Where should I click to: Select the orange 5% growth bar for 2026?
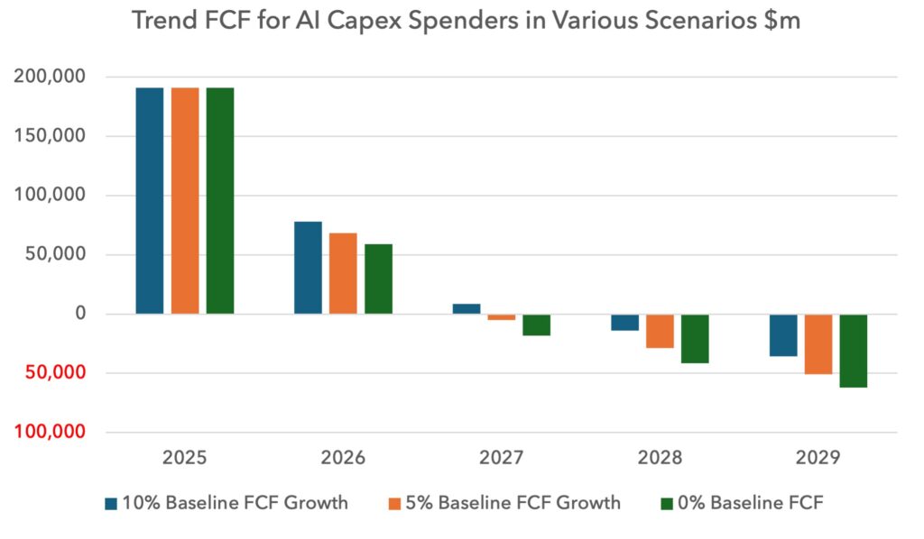pos(343,273)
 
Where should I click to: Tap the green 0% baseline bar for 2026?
pos(378,279)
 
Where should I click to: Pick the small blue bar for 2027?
pos(467,308)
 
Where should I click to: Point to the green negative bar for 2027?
pos(536,324)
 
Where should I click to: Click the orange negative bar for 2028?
pos(660,331)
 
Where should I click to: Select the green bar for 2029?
pos(853,351)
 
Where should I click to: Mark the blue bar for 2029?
pos(782,335)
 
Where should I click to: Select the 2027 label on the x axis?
pos(502,458)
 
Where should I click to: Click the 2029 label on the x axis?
pos(818,458)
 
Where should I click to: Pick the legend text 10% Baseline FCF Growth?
pos(236,503)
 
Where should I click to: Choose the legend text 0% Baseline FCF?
pos(766,503)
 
